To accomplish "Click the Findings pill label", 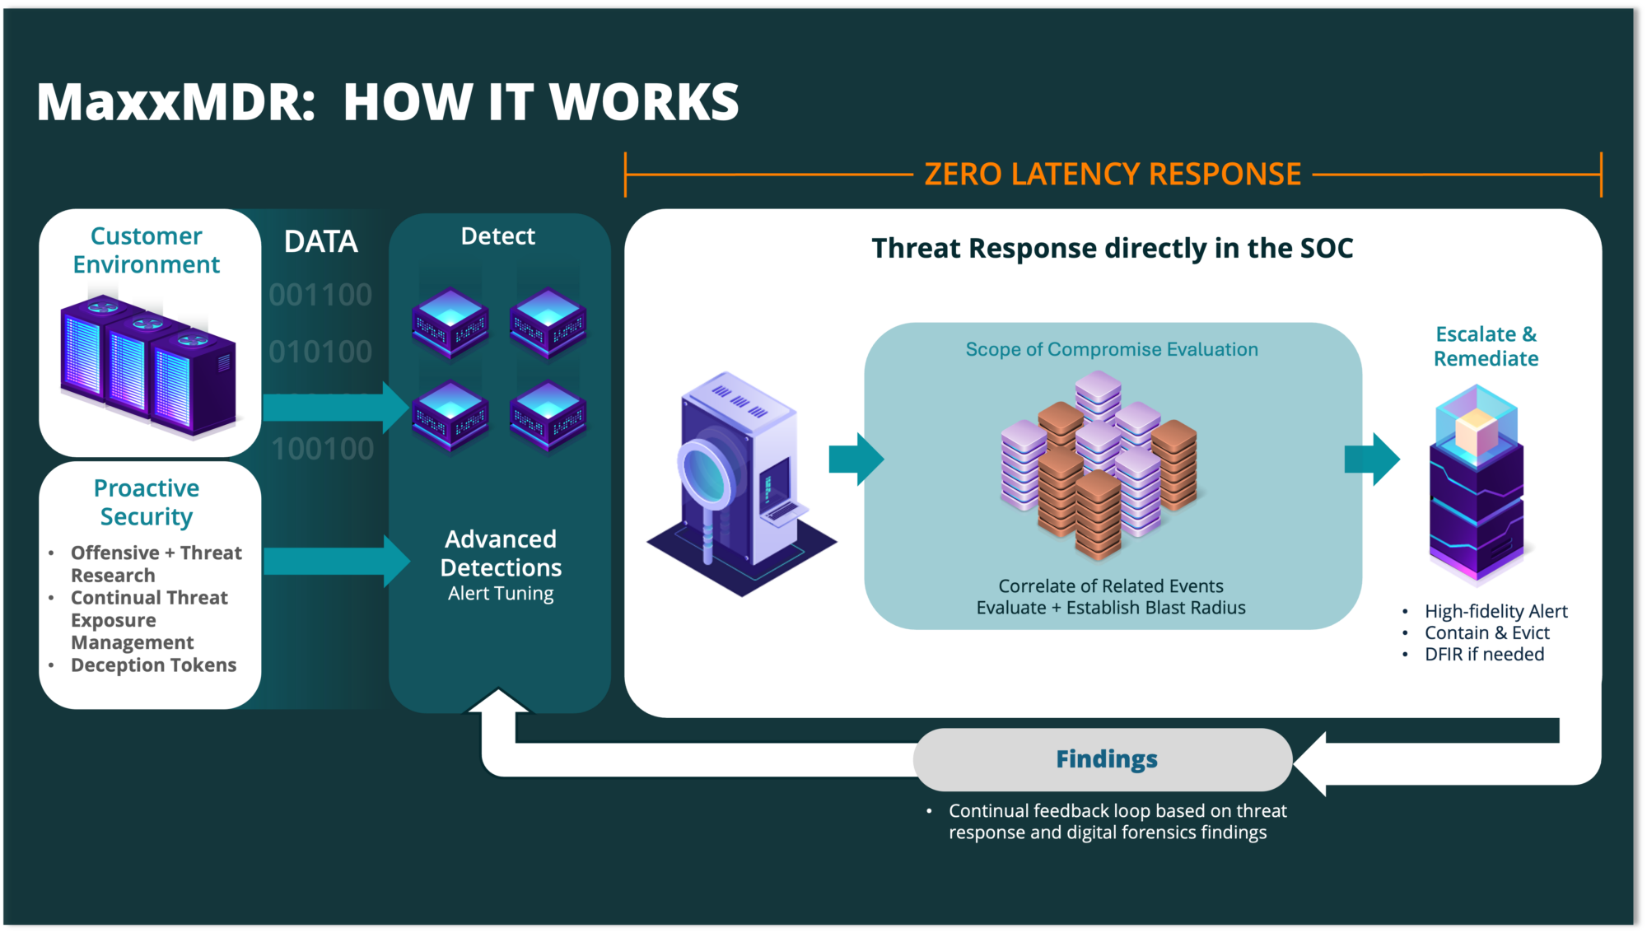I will pos(1106,758).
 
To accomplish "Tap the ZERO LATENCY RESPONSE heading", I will pos(1112,175).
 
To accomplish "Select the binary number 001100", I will pos(320,295).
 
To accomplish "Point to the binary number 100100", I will pos(322,449).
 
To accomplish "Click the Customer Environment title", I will pos(147,250).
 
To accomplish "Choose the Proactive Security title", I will pos(147,502).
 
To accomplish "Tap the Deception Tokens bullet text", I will pos(153,665).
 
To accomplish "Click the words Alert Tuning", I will pos(501,594).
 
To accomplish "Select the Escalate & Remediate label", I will pos(1486,347).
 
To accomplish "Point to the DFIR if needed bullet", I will pos(1484,655).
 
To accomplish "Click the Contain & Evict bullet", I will pos(1486,633).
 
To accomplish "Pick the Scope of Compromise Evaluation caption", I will pos(1112,350).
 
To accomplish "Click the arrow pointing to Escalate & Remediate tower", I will pos(1371,459).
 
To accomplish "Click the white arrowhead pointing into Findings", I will pos(1311,763).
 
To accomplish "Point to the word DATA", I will pos(320,242).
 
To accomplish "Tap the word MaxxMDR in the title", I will pos(175,103).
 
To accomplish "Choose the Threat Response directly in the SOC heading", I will pos(1112,249).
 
